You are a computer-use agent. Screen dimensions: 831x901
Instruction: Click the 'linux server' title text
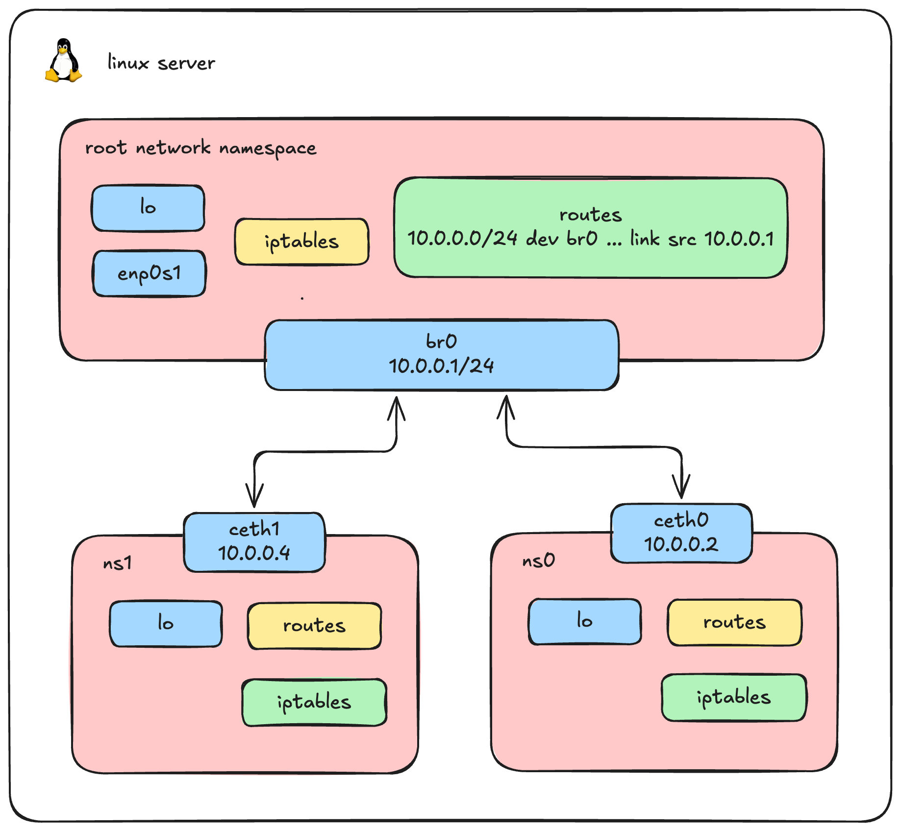[161, 63]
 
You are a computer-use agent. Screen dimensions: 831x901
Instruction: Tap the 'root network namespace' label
[200, 147]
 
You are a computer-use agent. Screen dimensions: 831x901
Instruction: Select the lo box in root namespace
[148, 208]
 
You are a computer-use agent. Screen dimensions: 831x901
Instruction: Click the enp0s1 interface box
[149, 273]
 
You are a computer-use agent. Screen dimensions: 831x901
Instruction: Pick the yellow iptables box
[301, 242]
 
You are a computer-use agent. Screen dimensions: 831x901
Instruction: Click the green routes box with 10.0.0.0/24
[590, 228]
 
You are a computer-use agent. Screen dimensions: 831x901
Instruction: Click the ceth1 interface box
[254, 542]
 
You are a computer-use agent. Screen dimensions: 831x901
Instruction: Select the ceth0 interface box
[681, 533]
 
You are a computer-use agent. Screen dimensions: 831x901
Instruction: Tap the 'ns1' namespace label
[117, 563]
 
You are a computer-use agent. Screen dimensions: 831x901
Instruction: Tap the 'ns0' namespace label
[538, 560]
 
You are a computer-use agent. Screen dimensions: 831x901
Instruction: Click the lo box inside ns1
[166, 623]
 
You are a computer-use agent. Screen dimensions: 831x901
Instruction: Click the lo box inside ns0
[584, 621]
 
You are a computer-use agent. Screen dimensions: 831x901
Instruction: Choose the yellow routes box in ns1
[314, 626]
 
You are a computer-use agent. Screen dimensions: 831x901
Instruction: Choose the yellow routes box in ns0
[734, 622]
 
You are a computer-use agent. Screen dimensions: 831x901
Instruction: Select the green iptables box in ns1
[314, 702]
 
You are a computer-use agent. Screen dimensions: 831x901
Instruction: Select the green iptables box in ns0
[733, 697]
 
